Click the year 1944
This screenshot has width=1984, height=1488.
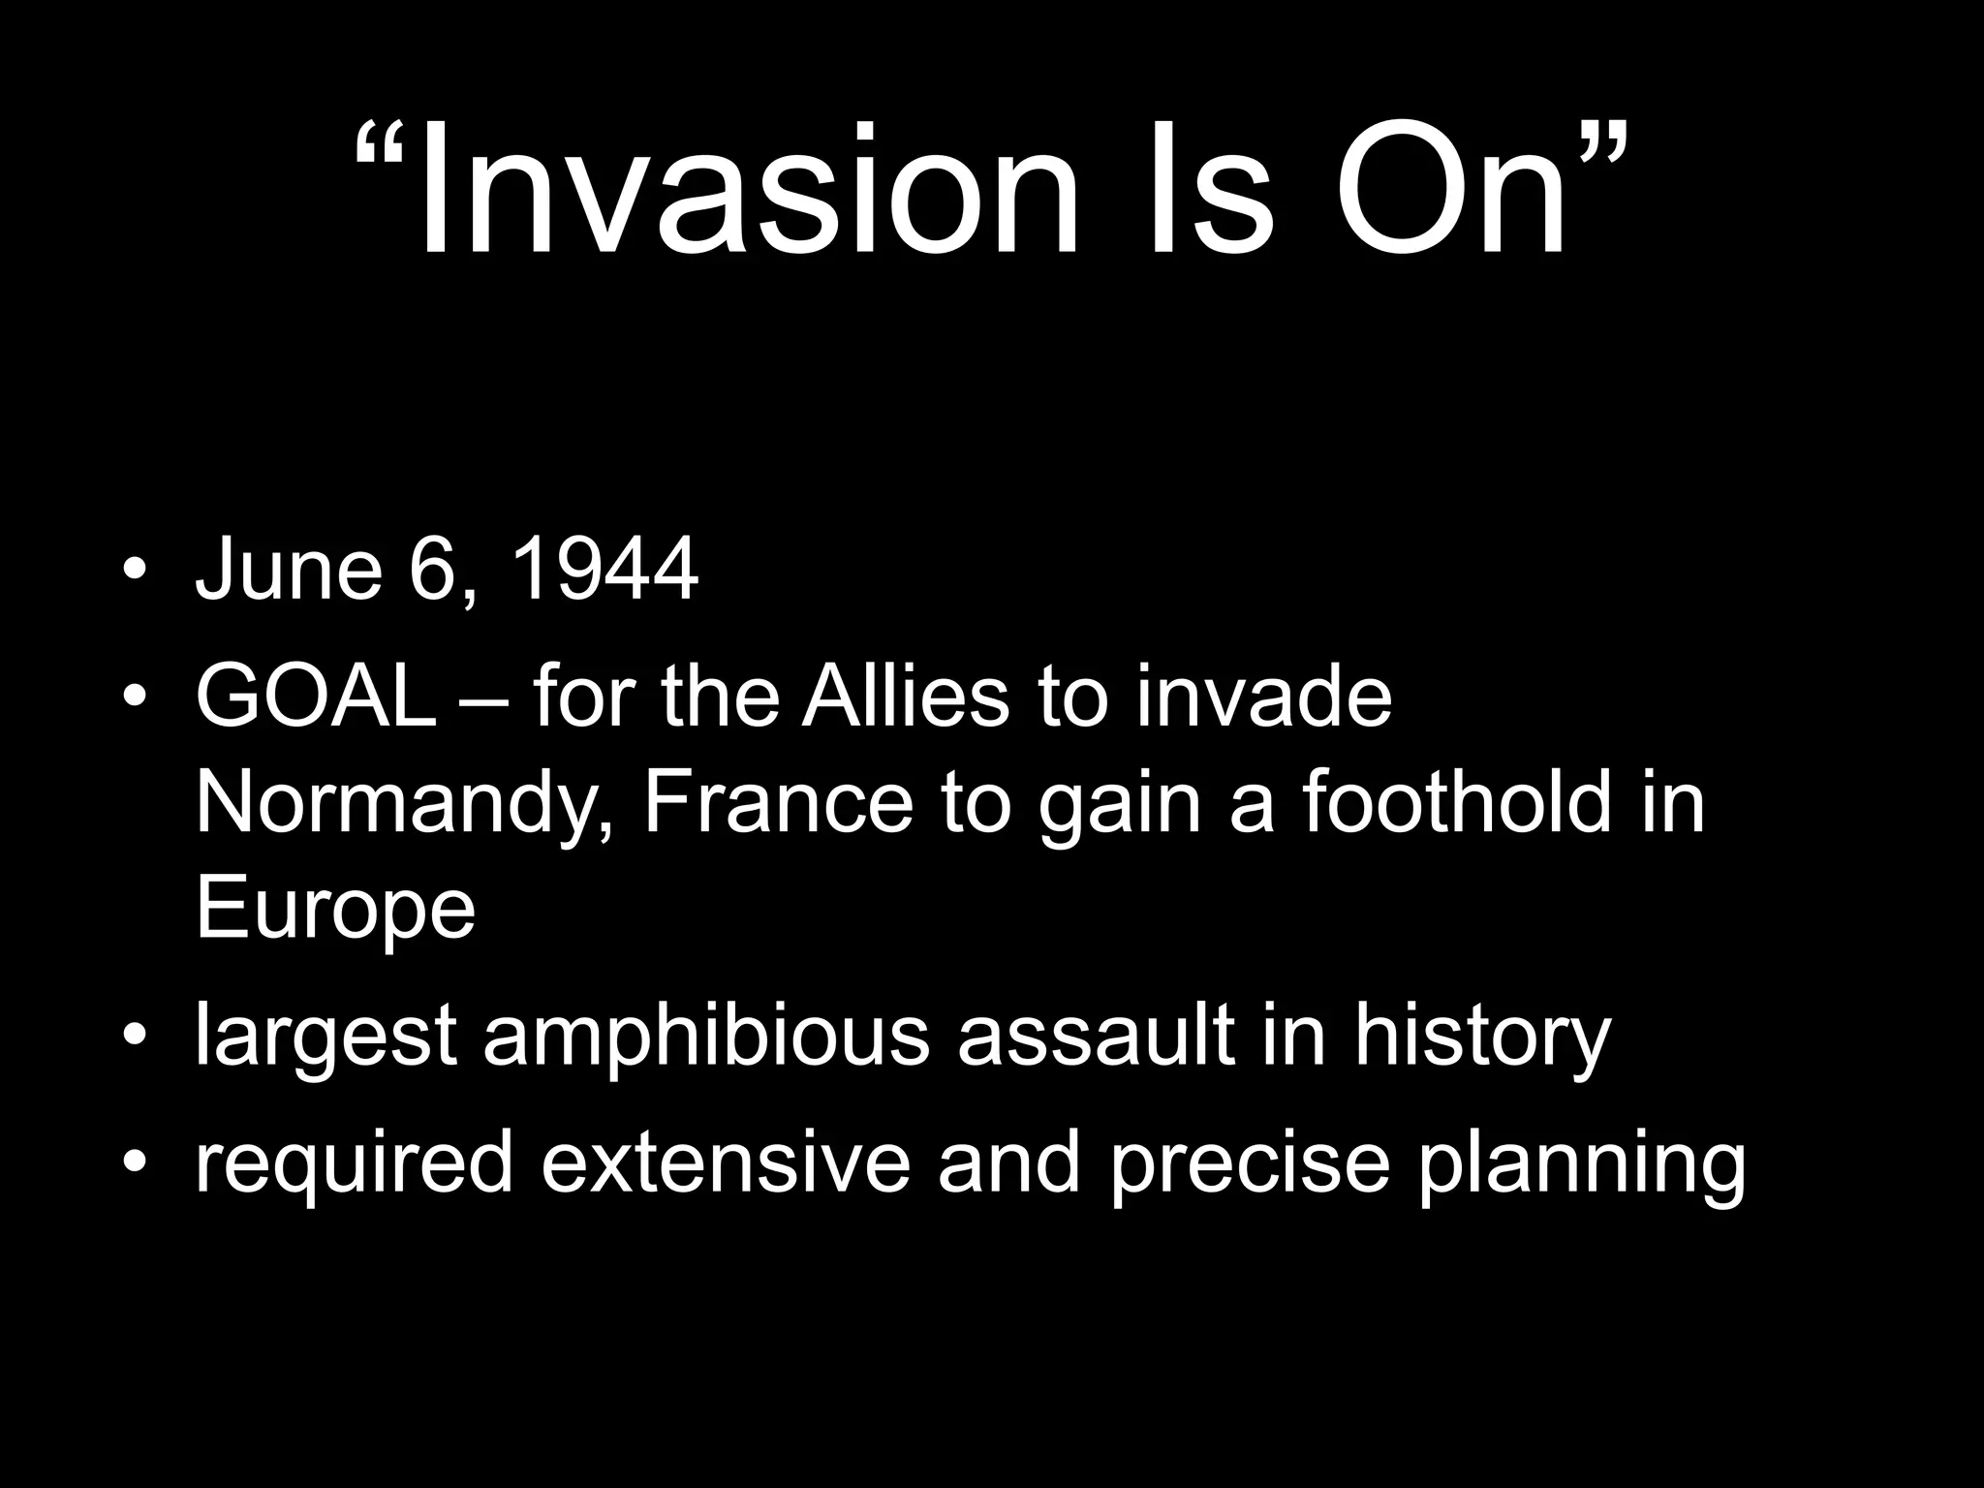(603, 569)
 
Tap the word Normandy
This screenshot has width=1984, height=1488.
(403, 804)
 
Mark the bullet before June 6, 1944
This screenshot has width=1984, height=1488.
(135, 570)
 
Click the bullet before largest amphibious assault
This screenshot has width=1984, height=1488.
(135, 1036)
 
